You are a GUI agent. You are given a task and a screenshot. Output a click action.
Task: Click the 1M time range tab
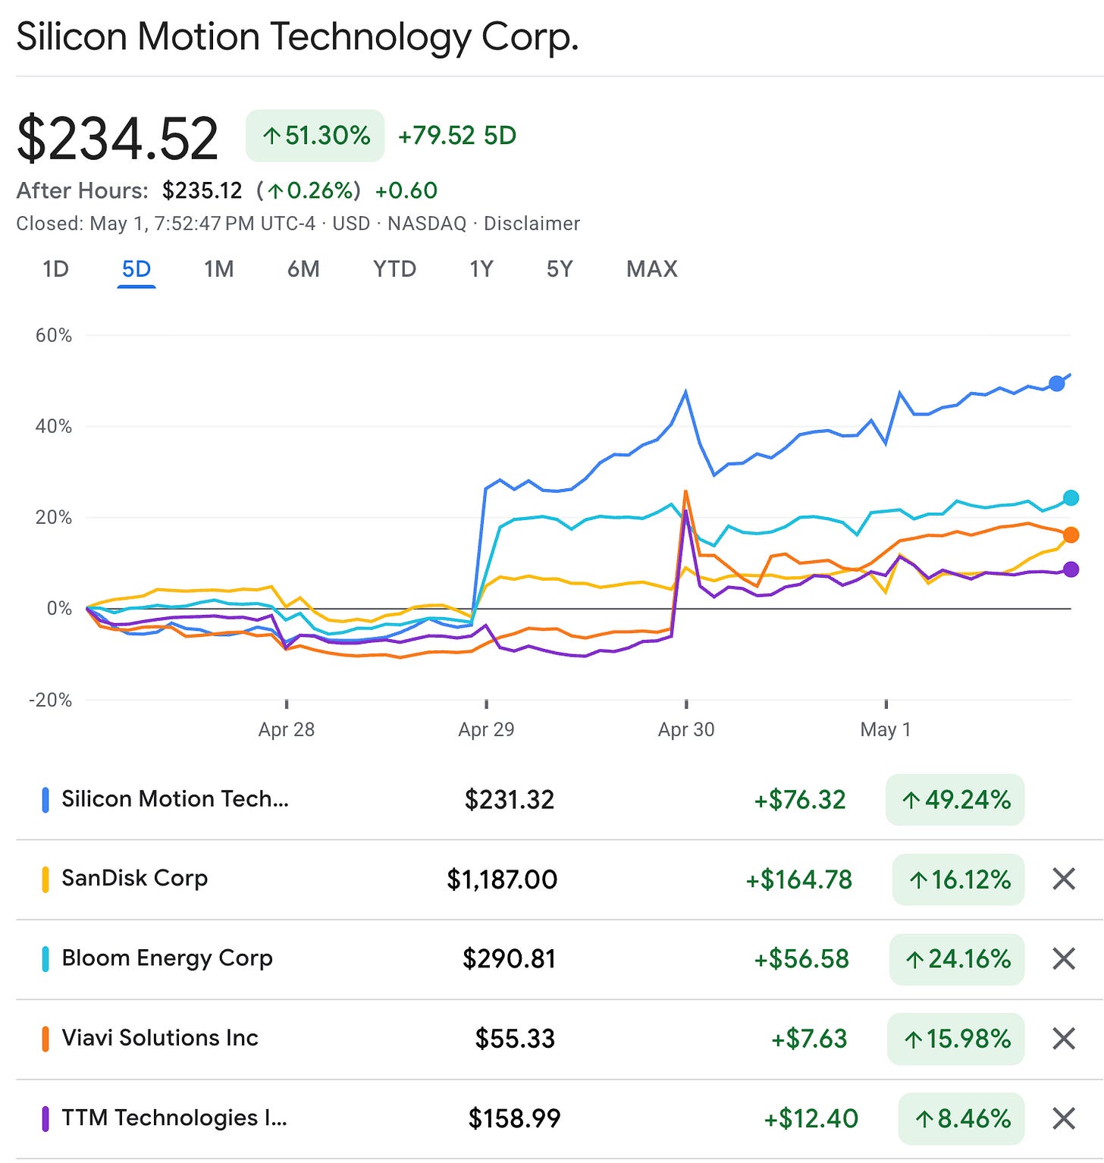click(x=218, y=269)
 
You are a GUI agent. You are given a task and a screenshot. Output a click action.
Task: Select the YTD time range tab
click(x=394, y=269)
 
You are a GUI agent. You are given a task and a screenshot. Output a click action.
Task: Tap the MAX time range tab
click(x=652, y=269)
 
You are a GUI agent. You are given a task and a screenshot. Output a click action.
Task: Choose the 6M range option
click(x=303, y=269)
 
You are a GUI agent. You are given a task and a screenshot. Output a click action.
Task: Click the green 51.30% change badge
click(x=315, y=136)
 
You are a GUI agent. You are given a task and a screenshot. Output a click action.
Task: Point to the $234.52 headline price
click(x=118, y=138)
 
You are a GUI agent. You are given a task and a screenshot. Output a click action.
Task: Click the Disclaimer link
click(x=532, y=224)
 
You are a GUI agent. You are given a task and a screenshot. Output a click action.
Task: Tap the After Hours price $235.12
click(x=202, y=190)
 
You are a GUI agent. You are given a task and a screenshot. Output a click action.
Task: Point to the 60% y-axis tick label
click(x=54, y=335)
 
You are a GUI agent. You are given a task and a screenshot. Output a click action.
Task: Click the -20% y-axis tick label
click(x=51, y=700)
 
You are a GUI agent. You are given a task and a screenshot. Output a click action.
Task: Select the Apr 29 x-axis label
click(x=486, y=729)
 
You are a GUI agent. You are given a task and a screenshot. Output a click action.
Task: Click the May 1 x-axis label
click(x=886, y=729)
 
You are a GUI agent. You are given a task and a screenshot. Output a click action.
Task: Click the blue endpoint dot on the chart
click(x=1056, y=383)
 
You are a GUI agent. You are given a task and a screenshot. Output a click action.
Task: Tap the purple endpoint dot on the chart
click(x=1071, y=569)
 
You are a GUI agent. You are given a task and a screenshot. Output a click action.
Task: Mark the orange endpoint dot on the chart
click(x=1071, y=535)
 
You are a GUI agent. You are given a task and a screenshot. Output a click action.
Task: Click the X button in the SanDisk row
click(x=1065, y=879)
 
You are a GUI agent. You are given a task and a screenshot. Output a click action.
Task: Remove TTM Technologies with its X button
click(x=1065, y=1118)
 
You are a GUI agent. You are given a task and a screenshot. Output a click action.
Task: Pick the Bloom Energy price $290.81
click(x=510, y=959)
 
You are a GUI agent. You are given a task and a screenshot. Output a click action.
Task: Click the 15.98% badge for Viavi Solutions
click(x=955, y=1039)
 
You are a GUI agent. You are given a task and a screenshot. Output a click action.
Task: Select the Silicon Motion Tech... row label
click(x=175, y=799)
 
